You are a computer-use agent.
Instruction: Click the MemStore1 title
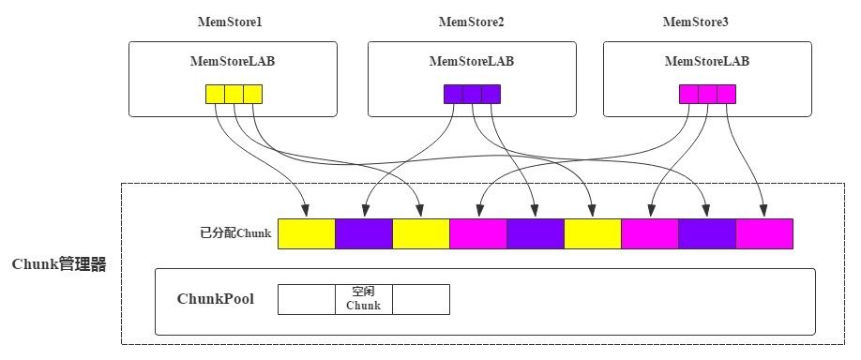[x=232, y=22]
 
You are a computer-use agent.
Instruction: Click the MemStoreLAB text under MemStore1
[x=232, y=62]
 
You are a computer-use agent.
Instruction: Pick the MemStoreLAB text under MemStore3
[x=706, y=62]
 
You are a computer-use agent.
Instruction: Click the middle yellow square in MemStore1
[x=234, y=94]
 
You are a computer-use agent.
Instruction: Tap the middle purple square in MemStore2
[x=472, y=94]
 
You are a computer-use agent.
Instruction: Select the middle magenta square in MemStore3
[x=707, y=94]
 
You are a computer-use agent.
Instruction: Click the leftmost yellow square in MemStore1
[x=215, y=94]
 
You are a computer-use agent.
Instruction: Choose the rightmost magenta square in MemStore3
[x=726, y=94]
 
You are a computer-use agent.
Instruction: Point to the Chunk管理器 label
[x=59, y=265]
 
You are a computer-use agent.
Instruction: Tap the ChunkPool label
[x=215, y=299]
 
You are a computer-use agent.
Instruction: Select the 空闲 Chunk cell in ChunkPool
[x=363, y=299]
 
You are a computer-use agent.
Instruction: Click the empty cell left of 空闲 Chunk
[x=307, y=299]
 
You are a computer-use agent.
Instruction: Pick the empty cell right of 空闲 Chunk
[x=420, y=299]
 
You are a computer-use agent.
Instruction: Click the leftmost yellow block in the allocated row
[x=307, y=233]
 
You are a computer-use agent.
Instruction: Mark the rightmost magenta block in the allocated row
[x=763, y=233]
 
